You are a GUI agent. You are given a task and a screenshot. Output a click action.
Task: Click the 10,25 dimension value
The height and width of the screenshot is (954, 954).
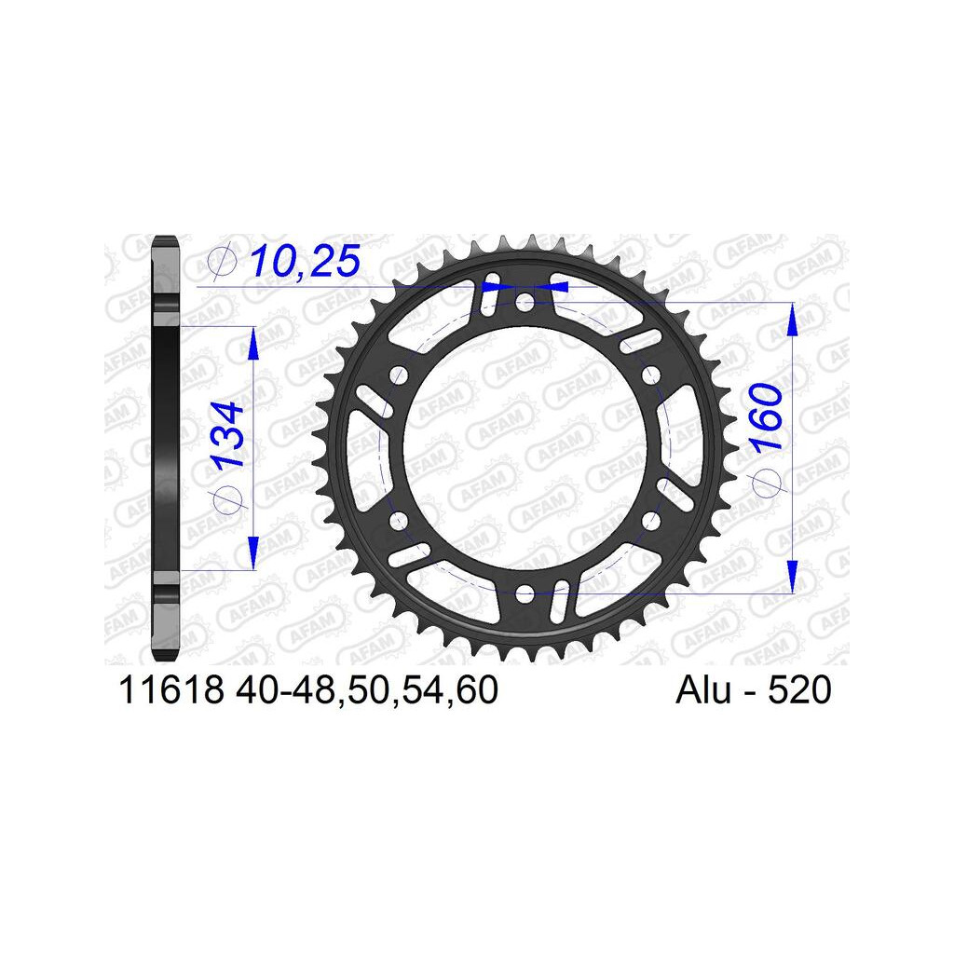306,261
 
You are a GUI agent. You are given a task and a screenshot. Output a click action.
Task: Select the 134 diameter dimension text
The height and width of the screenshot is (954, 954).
228,433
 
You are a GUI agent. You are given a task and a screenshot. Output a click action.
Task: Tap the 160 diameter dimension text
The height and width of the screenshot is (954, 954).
765,416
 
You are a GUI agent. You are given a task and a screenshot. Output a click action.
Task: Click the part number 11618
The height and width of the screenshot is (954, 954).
171,689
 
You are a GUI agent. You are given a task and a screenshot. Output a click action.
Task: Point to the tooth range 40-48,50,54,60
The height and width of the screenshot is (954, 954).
367,690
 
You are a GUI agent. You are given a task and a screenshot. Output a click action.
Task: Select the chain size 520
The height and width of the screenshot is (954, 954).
799,689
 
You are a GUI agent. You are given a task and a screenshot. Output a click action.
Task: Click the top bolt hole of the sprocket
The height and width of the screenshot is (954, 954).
525,301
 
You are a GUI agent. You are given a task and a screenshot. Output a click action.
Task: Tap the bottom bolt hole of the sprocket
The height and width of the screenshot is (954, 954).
525,593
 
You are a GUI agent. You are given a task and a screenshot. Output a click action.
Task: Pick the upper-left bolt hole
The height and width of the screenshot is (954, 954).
399,375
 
